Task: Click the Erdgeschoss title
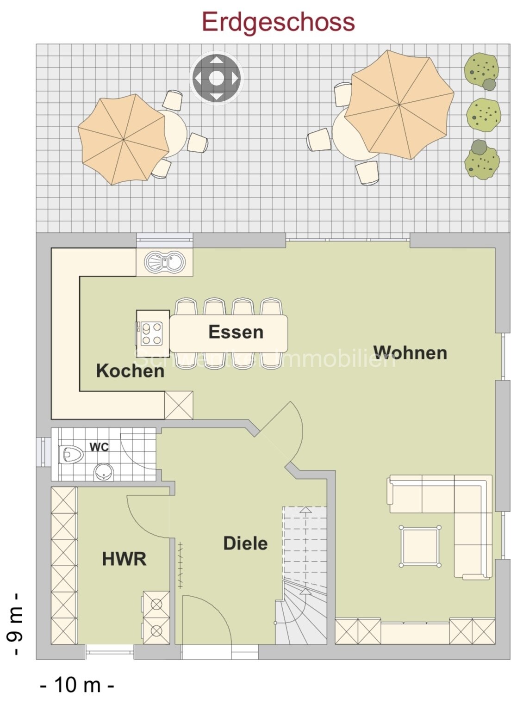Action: tap(278, 22)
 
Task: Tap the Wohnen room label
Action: tap(410, 353)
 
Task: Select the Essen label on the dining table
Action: tap(236, 332)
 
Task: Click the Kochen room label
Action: tap(130, 371)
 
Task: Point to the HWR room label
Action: tap(124, 559)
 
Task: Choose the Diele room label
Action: tap(245, 543)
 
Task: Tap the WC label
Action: tap(99, 447)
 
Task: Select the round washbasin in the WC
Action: tap(104, 472)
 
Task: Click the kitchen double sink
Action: tap(165, 263)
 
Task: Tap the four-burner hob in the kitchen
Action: tap(152, 333)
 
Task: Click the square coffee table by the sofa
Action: tap(420, 546)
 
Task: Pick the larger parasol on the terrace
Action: tap(399, 105)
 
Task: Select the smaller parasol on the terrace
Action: tap(123, 139)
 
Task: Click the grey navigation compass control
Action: tap(216, 78)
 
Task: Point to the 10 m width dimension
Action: tap(77, 685)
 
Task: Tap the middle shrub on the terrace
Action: tap(483, 114)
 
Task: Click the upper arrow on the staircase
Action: tap(305, 511)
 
